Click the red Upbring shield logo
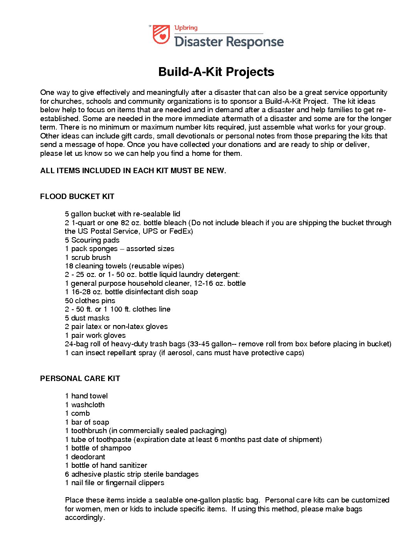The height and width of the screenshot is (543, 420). tap(161, 35)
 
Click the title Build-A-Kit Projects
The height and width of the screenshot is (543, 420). tap(216, 72)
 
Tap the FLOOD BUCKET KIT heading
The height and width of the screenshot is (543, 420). tap(77, 196)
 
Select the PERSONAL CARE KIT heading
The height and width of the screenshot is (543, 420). tap(80, 378)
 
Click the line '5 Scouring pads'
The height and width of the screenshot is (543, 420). tap(92, 240)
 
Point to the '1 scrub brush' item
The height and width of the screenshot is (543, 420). tap(88, 257)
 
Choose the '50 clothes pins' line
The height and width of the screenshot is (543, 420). tap(90, 300)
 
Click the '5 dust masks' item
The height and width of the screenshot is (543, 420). tap(87, 318)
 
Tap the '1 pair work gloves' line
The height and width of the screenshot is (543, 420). tap(95, 335)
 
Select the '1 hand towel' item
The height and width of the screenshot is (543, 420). tap(86, 396)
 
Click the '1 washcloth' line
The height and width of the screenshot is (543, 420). tap(85, 405)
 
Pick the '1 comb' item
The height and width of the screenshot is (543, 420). tap(77, 413)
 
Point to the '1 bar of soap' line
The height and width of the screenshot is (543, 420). tap(87, 422)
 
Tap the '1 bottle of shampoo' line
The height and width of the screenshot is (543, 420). tap(98, 448)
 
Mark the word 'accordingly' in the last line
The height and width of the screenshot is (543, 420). tap(84, 518)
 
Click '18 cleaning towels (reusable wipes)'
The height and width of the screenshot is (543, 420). tap(124, 266)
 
